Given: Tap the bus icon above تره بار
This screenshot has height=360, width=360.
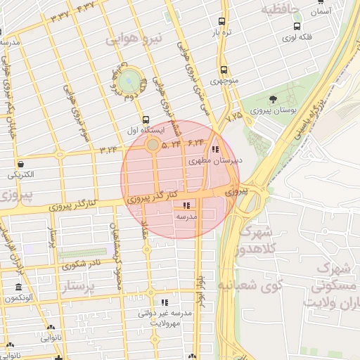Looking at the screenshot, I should (223, 21).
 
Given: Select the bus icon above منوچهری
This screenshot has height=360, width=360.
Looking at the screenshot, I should (224, 70).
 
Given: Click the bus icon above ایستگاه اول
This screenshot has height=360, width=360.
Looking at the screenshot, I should (146, 120).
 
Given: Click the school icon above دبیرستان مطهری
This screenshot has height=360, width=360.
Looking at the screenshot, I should (214, 149).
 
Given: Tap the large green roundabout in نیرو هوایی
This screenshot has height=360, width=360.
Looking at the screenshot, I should (129, 82).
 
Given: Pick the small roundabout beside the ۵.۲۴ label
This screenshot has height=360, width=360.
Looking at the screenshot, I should (152, 145).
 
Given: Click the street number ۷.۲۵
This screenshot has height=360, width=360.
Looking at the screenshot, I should (234, 113).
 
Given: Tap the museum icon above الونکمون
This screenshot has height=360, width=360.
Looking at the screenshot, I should (18, 288).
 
